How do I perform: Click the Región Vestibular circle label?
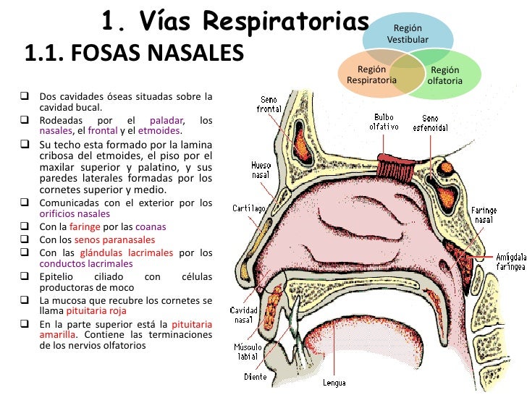pyautogui.click(x=408, y=33)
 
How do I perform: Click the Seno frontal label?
pyautogui.click(x=269, y=104)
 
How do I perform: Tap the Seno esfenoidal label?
pyautogui.click(x=429, y=122)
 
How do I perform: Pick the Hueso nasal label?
pyautogui.click(x=261, y=170)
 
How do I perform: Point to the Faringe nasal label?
pyautogui.click(x=484, y=215)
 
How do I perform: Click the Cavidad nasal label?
pyautogui.click(x=244, y=315)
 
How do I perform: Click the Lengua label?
pyautogui.click(x=334, y=383)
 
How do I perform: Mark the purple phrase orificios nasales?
pyautogui.click(x=75, y=214)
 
